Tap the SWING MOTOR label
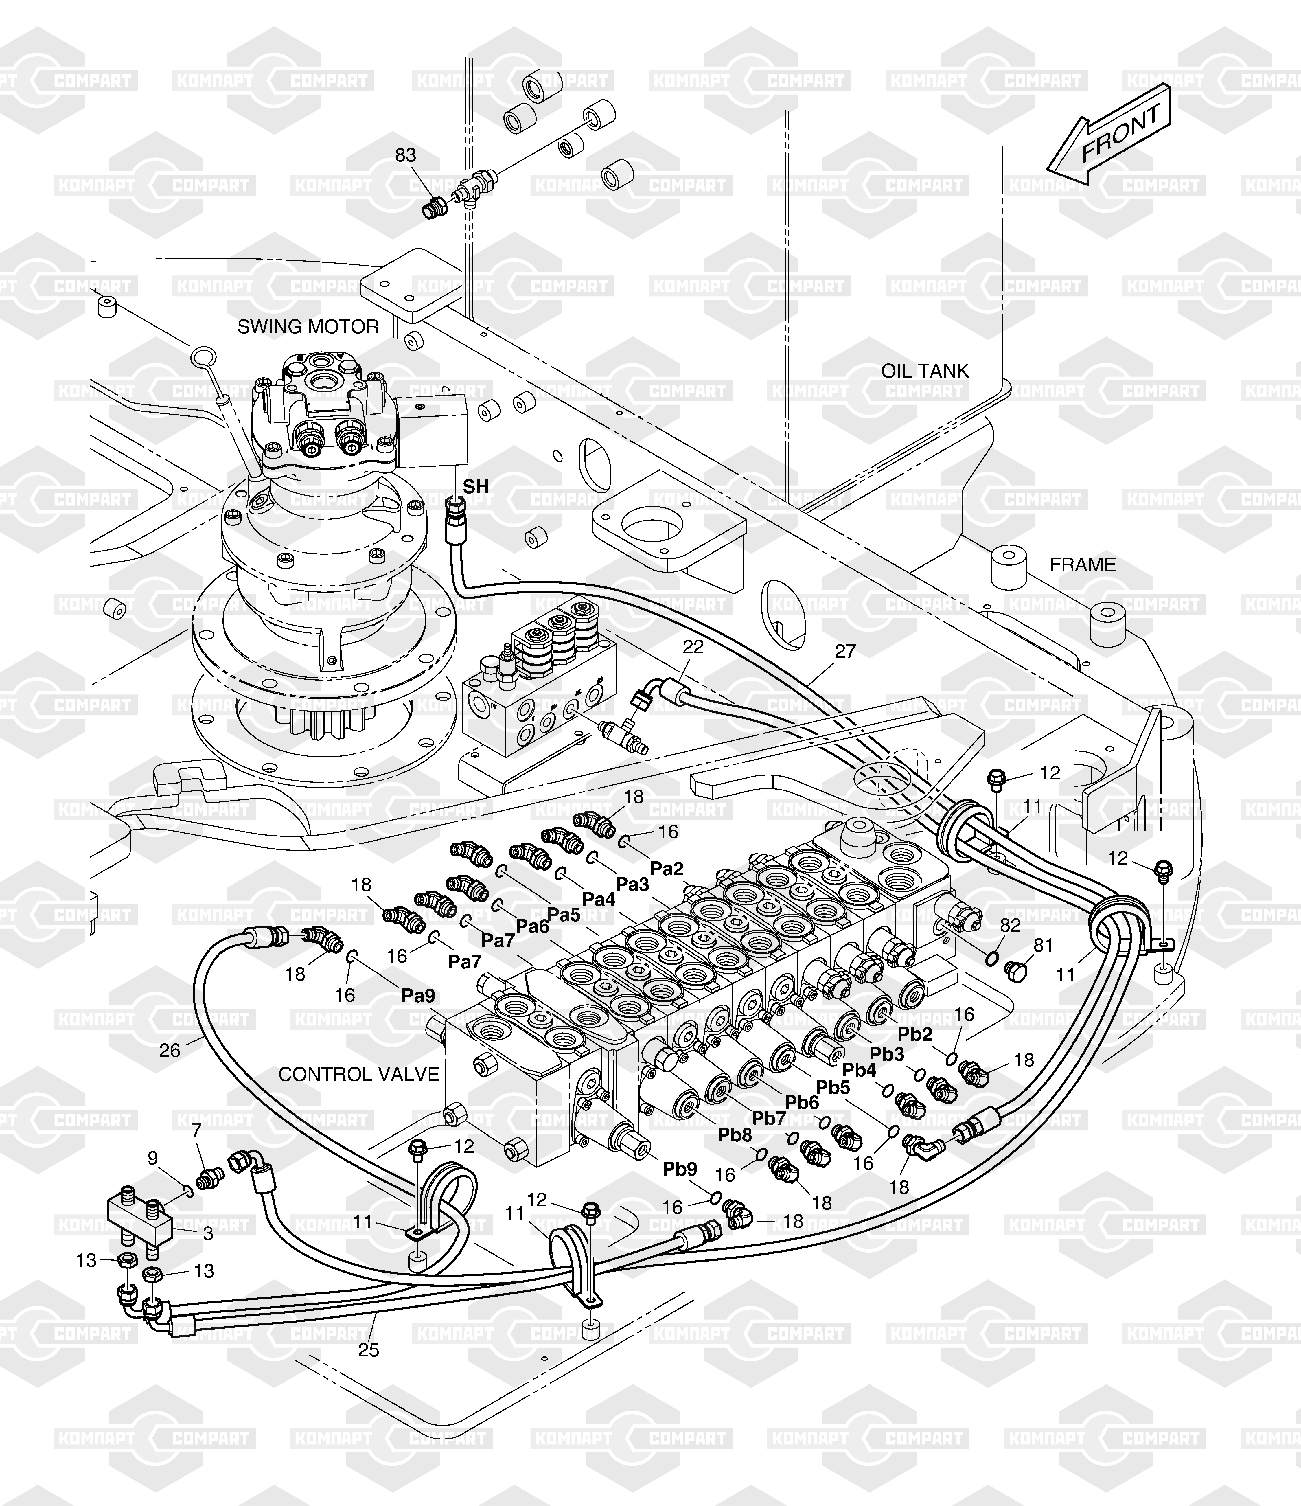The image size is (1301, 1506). [308, 327]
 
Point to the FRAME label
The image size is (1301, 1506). [1082, 565]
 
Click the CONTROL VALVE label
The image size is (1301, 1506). [359, 1074]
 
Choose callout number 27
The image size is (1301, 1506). [845, 651]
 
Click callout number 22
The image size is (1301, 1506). [693, 647]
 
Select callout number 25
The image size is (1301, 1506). [369, 1350]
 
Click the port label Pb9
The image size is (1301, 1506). [680, 1170]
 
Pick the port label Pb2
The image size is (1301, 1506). [915, 1034]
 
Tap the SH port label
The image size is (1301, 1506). [476, 487]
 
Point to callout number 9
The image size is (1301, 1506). [153, 1158]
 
